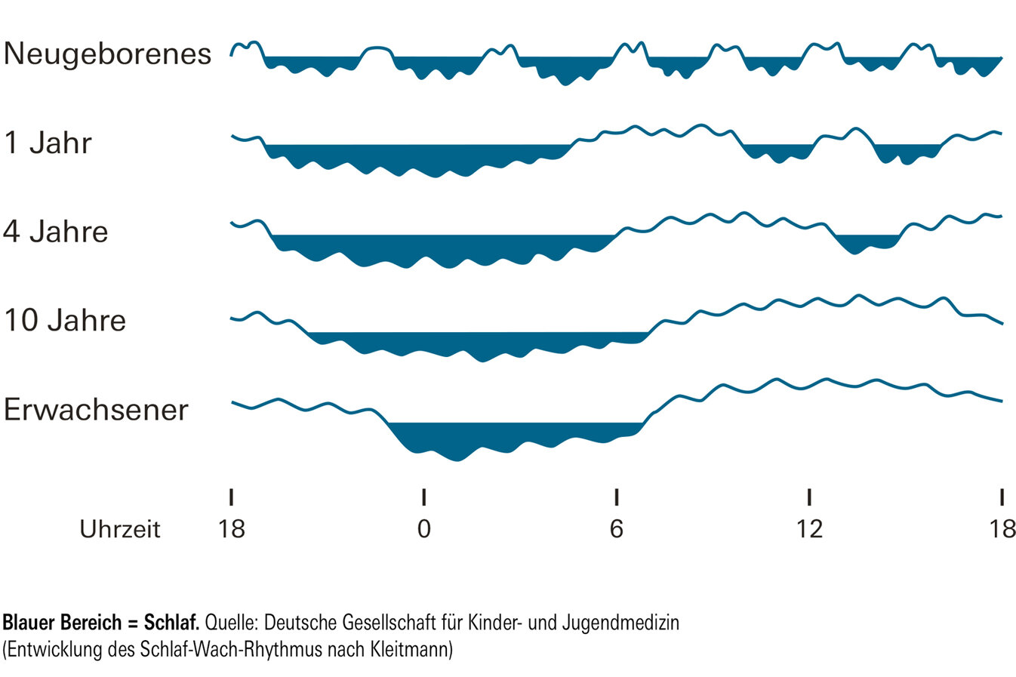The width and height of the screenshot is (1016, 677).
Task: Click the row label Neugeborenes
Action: pos(107,54)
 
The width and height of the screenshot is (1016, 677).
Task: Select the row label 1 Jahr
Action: pos(48,143)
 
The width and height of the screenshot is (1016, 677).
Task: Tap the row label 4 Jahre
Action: pos(56,232)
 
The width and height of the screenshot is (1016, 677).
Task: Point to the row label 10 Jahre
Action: pos(65,320)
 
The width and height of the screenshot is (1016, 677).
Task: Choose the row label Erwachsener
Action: pos(96,409)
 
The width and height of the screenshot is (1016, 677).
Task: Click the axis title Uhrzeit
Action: pos(120,529)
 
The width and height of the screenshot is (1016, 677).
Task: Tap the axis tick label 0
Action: pos(424,529)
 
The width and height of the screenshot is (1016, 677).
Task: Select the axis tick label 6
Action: pos(617,529)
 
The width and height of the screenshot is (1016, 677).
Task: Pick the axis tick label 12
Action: pos(809,529)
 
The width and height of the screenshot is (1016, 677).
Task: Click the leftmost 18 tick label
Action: pos(232,529)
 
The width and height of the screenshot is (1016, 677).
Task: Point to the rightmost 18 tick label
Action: pos(1002,529)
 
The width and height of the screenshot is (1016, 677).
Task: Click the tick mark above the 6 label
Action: pos(617,497)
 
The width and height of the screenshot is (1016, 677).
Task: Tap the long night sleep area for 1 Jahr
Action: pos(415,156)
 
